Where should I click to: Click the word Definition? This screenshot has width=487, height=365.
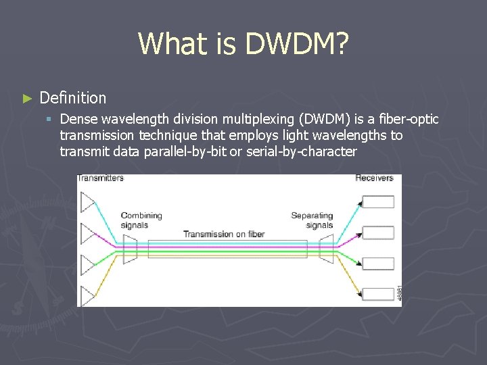click(x=73, y=98)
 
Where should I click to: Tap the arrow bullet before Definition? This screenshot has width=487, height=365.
click(x=27, y=99)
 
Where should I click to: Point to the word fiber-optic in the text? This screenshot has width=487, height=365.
click(x=405, y=120)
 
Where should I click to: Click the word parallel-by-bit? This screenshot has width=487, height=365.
click(x=185, y=151)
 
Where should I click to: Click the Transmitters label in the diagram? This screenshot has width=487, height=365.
click(x=101, y=178)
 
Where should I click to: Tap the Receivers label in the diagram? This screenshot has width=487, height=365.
click(x=374, y=178)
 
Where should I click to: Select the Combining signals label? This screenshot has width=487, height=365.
click(x=141, y=220)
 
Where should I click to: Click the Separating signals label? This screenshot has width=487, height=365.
click(x=312, y=220)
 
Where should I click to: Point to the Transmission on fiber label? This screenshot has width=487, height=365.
click(x=224, y=234)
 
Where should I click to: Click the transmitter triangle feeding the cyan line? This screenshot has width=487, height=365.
click(x=88, y=202)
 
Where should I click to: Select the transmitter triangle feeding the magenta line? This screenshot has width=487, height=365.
click(x=88, y=233)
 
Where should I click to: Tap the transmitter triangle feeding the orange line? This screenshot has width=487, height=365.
click(x=88, y=295)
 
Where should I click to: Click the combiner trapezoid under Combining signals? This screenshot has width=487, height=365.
click(x=129, y=249)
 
